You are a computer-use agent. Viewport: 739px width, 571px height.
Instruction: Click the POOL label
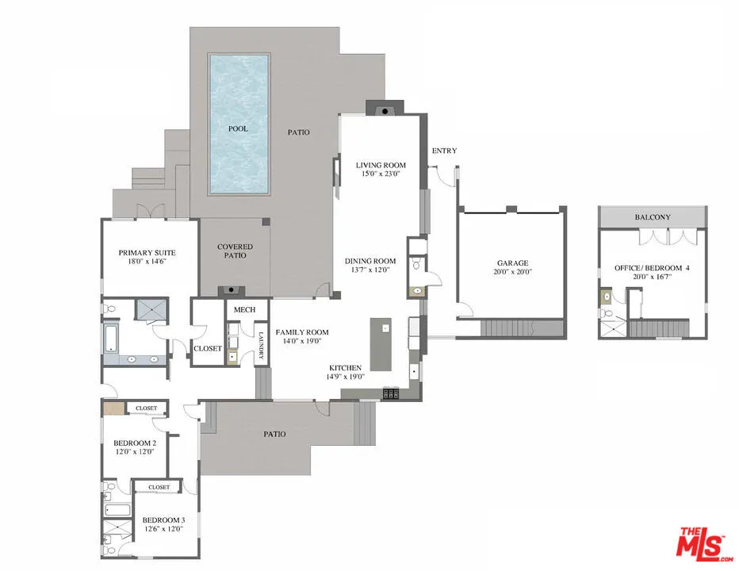[x=238, y=128]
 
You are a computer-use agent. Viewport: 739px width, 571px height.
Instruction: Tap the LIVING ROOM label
[x=381, y=165]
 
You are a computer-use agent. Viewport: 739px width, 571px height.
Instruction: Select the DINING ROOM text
[x=369, y=261]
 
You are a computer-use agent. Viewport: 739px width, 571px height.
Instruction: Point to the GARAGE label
[x=513, y=263]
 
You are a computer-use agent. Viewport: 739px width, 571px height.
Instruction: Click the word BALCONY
[x=653, y=217]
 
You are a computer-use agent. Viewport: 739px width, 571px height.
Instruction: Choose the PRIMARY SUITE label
[x=147, y=253]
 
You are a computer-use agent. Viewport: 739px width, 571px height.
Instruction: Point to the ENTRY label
[x=444, y=151]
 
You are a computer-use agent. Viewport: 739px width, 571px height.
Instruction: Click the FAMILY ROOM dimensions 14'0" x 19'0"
[x=301, y=343]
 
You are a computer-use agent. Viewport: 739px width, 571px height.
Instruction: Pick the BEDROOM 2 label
[x=134, y=443]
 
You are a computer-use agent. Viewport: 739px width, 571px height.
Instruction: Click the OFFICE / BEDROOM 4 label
[x=652, y=268]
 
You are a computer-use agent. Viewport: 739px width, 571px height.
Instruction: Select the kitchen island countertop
[x=381, y=345]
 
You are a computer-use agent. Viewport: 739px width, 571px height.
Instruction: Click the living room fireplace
[x=385, y=109]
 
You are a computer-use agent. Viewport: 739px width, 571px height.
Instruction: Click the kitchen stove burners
[x=391, y=393]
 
